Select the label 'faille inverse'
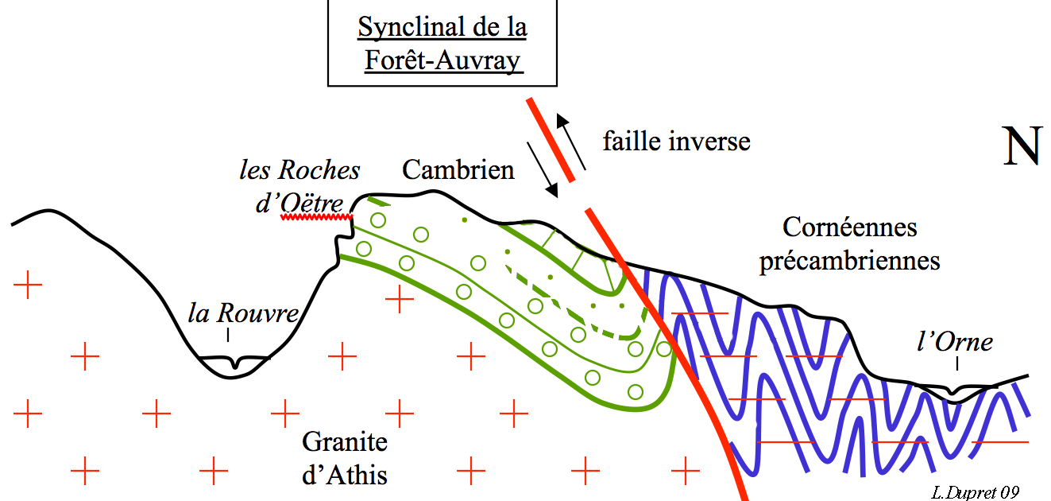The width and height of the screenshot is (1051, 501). point(676,142)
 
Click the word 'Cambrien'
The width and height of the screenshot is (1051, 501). point(458,169)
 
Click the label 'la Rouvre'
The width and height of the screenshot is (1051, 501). point(243,313)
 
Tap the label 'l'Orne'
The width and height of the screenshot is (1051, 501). point(954,343)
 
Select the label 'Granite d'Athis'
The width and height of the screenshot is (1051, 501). point(345,459)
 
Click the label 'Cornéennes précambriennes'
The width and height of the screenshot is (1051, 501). point(849,243)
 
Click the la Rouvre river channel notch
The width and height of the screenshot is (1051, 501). point(234,365)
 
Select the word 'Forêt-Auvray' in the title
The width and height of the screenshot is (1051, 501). point(442,60)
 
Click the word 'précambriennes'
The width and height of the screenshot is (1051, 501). point(849,260)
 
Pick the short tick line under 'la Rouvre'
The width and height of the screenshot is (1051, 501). point(228,336)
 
